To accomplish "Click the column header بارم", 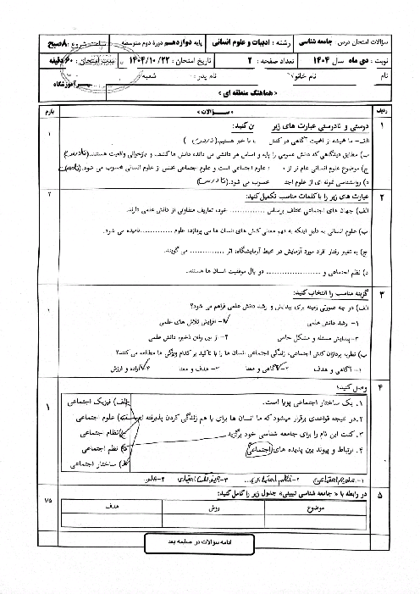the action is pyautogui.click(x=49, y=111).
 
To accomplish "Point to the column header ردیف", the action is pyautogui.click(x=383, y=111).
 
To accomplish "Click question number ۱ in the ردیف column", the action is pyautogui.click(x=383, y=125).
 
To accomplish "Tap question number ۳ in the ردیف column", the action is pyautogui.click(x=383, y=293).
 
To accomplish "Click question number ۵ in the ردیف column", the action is pyautogui.click(x=383, y=493).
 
